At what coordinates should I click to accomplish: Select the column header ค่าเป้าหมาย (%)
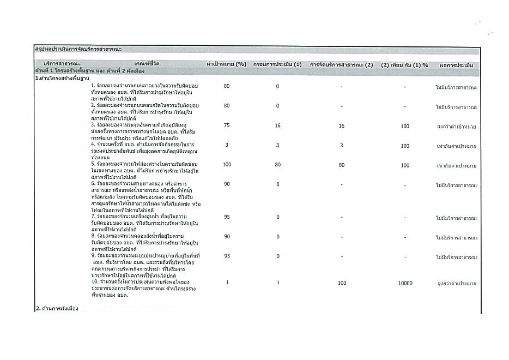point(227,65)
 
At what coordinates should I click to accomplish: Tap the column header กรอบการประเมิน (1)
point(277,65)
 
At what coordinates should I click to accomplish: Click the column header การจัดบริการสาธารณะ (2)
point(341,65)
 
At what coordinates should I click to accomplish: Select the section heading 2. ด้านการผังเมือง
point(57,309)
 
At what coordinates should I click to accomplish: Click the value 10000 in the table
point(405,283)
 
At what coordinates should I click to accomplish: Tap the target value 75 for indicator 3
point(227,126)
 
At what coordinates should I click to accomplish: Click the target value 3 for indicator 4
point(227,146)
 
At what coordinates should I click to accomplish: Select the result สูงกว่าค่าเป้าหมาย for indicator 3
point(457,126)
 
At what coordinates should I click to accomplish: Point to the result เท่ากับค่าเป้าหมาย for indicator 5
point(457,165)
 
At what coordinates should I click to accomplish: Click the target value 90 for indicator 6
point(227,185)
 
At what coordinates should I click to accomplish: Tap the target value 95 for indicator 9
point(227,256)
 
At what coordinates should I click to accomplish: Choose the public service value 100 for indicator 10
point(342,283)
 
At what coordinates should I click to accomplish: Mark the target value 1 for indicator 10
point(227,283)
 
